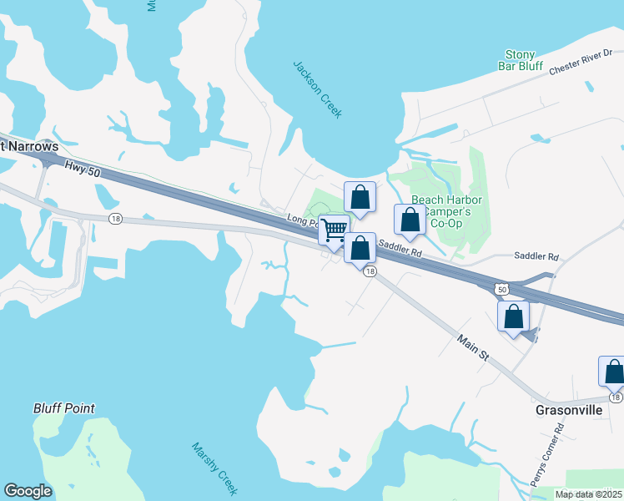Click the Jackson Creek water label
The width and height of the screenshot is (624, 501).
coord(317,89)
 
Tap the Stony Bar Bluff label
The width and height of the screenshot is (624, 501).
coord(523,60)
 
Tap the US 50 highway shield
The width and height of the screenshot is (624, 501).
coord(501,288)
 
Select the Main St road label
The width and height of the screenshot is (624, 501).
coord(471,347)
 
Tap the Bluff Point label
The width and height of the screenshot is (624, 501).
coord(64,408)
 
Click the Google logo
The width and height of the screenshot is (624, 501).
coord(28,491)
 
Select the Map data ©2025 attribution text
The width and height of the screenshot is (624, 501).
coord(587,494)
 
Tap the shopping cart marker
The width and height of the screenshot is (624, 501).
coord(334,230)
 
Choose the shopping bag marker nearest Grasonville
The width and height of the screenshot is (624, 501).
coord(613,372)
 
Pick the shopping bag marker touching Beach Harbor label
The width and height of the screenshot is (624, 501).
coord(409,220)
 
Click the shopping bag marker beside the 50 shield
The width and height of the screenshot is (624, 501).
coord(513,316)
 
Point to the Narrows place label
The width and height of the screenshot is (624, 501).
coord(19,144)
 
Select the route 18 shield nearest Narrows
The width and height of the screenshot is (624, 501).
coord(115,218)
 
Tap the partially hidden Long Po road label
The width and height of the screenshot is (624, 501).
coord(302,220)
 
